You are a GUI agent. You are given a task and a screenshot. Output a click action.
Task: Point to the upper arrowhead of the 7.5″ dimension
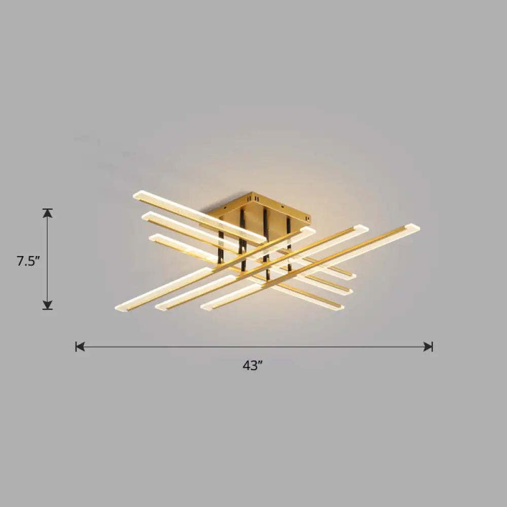coord(48,212)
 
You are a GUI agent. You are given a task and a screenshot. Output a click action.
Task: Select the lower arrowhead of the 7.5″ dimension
coord(48,305)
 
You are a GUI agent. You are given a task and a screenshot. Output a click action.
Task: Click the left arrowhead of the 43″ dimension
coord(80,347)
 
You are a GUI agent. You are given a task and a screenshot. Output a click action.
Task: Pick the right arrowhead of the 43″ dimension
coord(429,347)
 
